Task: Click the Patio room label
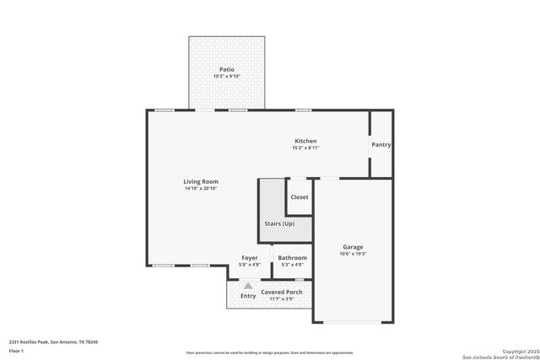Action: pos(227,69)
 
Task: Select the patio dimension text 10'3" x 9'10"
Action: pos(227,77)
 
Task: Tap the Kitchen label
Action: pos(305,141)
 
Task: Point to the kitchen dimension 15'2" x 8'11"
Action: pos(305,148)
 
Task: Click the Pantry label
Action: pos(381,144)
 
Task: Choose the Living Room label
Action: pos(201,181)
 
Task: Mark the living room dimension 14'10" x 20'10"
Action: pos(201,189)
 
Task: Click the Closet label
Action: pos(300,197)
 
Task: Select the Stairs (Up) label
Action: pos(279,223)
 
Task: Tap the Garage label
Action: pos(353,247)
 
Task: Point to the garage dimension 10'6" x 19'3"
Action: pos(353,255)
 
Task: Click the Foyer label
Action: pos(250,257)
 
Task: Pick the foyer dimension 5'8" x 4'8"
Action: pos(250,265)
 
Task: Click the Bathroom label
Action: pos(293,257)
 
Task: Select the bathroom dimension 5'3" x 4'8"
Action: pos(293,265)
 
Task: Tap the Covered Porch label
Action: pos(281,292)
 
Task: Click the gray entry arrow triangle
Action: pos(248,286)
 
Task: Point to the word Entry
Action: pos(248,296)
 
